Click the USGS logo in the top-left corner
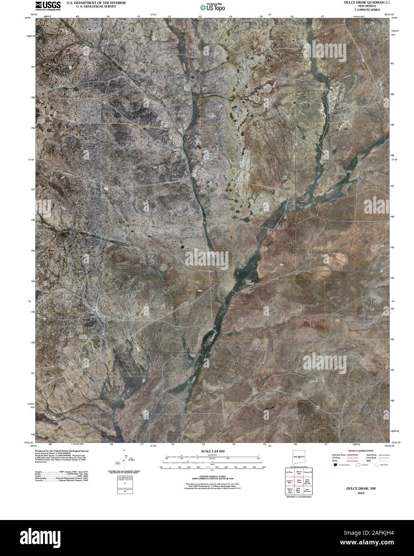click(48, 5)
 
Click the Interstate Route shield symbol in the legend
click(335, 465)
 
